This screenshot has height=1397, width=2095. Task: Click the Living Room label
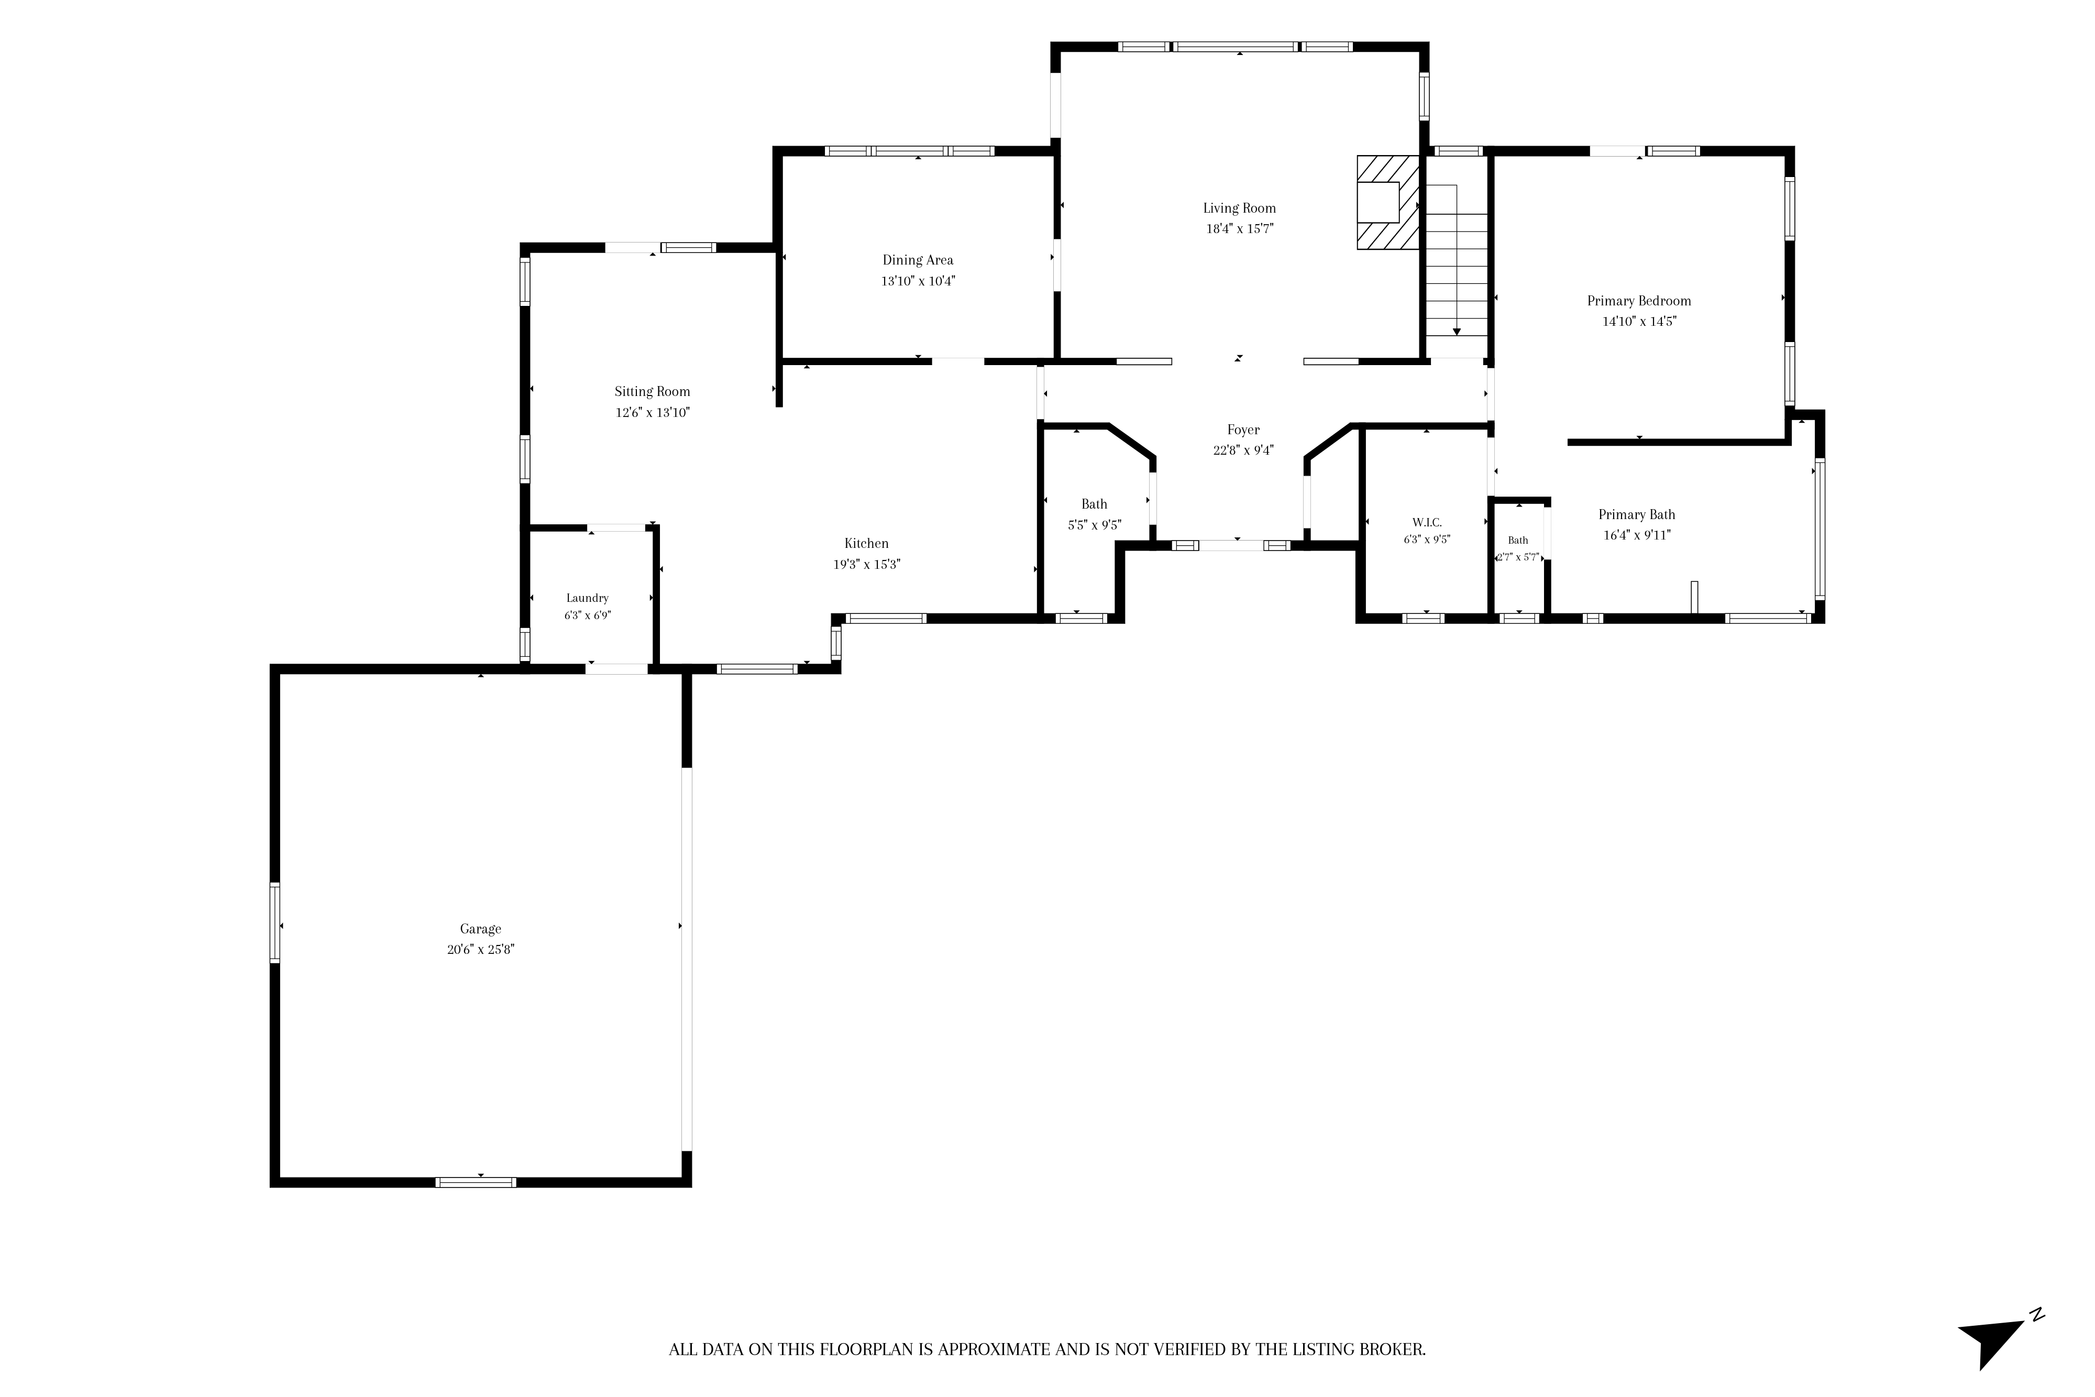pyautogui.click(x=1239, y=208)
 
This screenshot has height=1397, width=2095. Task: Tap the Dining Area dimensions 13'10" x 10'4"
pyautogui.click(x=918, y=281)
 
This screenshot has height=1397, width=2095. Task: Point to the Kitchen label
pyautogui.click(x=867, y=544)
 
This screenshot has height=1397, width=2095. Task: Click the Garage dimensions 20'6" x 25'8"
pyautogui.click(x=481, y=950)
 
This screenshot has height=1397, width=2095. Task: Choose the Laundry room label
pyautogui.click(x=587, y=598)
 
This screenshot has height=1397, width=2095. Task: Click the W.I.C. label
pyautogui.click(x=1427, y=523)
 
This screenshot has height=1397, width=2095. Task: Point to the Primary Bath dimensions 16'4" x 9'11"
pyautogui.click(x=1637, y=535)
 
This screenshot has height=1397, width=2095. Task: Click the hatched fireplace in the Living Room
pyautogui.click(x=1388, y=203)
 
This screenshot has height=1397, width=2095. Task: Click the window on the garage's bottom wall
pyautogui.click(x=476, y=1182)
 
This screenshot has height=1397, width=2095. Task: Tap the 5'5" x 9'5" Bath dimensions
pyautogui.click(x=1095, y=526)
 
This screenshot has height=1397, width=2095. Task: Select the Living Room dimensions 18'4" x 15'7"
pyautogui.click(x=1240, y=229)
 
